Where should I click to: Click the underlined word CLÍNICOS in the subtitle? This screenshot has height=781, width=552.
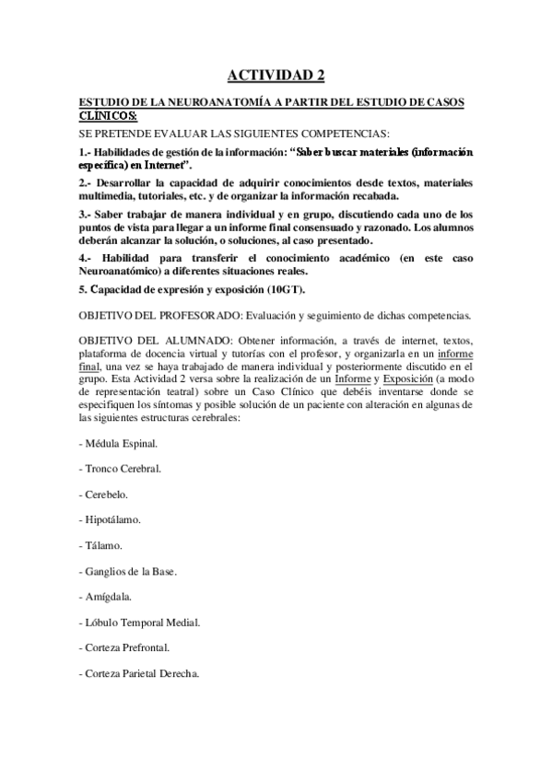pyautogui.click(x=108, y=116)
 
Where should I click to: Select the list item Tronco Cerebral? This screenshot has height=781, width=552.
pyautogui.click(x=123, y=469)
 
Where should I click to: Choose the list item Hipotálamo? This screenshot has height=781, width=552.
pyautogui.click(x=112, y=520)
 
